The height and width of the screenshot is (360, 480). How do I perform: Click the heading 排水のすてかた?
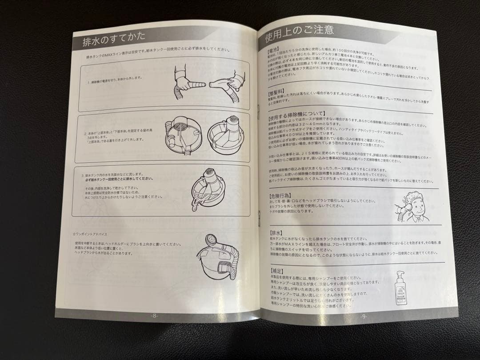[113, 42]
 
